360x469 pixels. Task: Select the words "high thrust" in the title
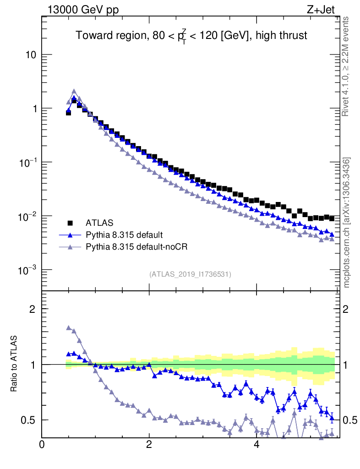point(284,36)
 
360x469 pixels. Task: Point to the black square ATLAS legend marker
point(71,223)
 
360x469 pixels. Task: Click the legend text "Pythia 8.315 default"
point(124,235)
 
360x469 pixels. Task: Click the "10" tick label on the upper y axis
point(30,55)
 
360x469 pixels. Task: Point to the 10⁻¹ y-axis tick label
point(28,162)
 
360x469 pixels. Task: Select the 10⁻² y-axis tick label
point(28,216)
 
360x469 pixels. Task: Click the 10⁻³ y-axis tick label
point(28,269)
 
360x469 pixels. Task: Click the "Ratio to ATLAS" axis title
point(15,364)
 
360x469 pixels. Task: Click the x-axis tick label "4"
point(256,445)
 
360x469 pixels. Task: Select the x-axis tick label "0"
point(42,445)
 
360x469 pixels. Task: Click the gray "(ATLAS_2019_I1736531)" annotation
point(190,274)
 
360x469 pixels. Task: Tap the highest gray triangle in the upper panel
point(74,91)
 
